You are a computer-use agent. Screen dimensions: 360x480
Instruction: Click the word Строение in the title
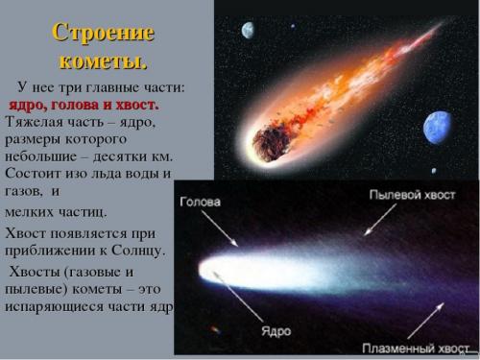pyautogui.click(x=103, y=33)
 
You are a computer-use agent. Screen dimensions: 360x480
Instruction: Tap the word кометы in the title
pyautogui.click(x=103, y=60)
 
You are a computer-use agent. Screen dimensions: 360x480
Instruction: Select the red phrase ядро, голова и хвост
pyautogui.click(x=84, y=104)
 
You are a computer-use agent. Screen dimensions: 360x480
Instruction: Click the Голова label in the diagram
pyautogui.click(x=200, y=203)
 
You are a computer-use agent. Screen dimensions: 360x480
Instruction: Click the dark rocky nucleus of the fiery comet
pyautogui.click(x=266, y=145)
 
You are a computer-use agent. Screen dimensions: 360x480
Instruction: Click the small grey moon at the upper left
pyautogui.click(x=249, y=30)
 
